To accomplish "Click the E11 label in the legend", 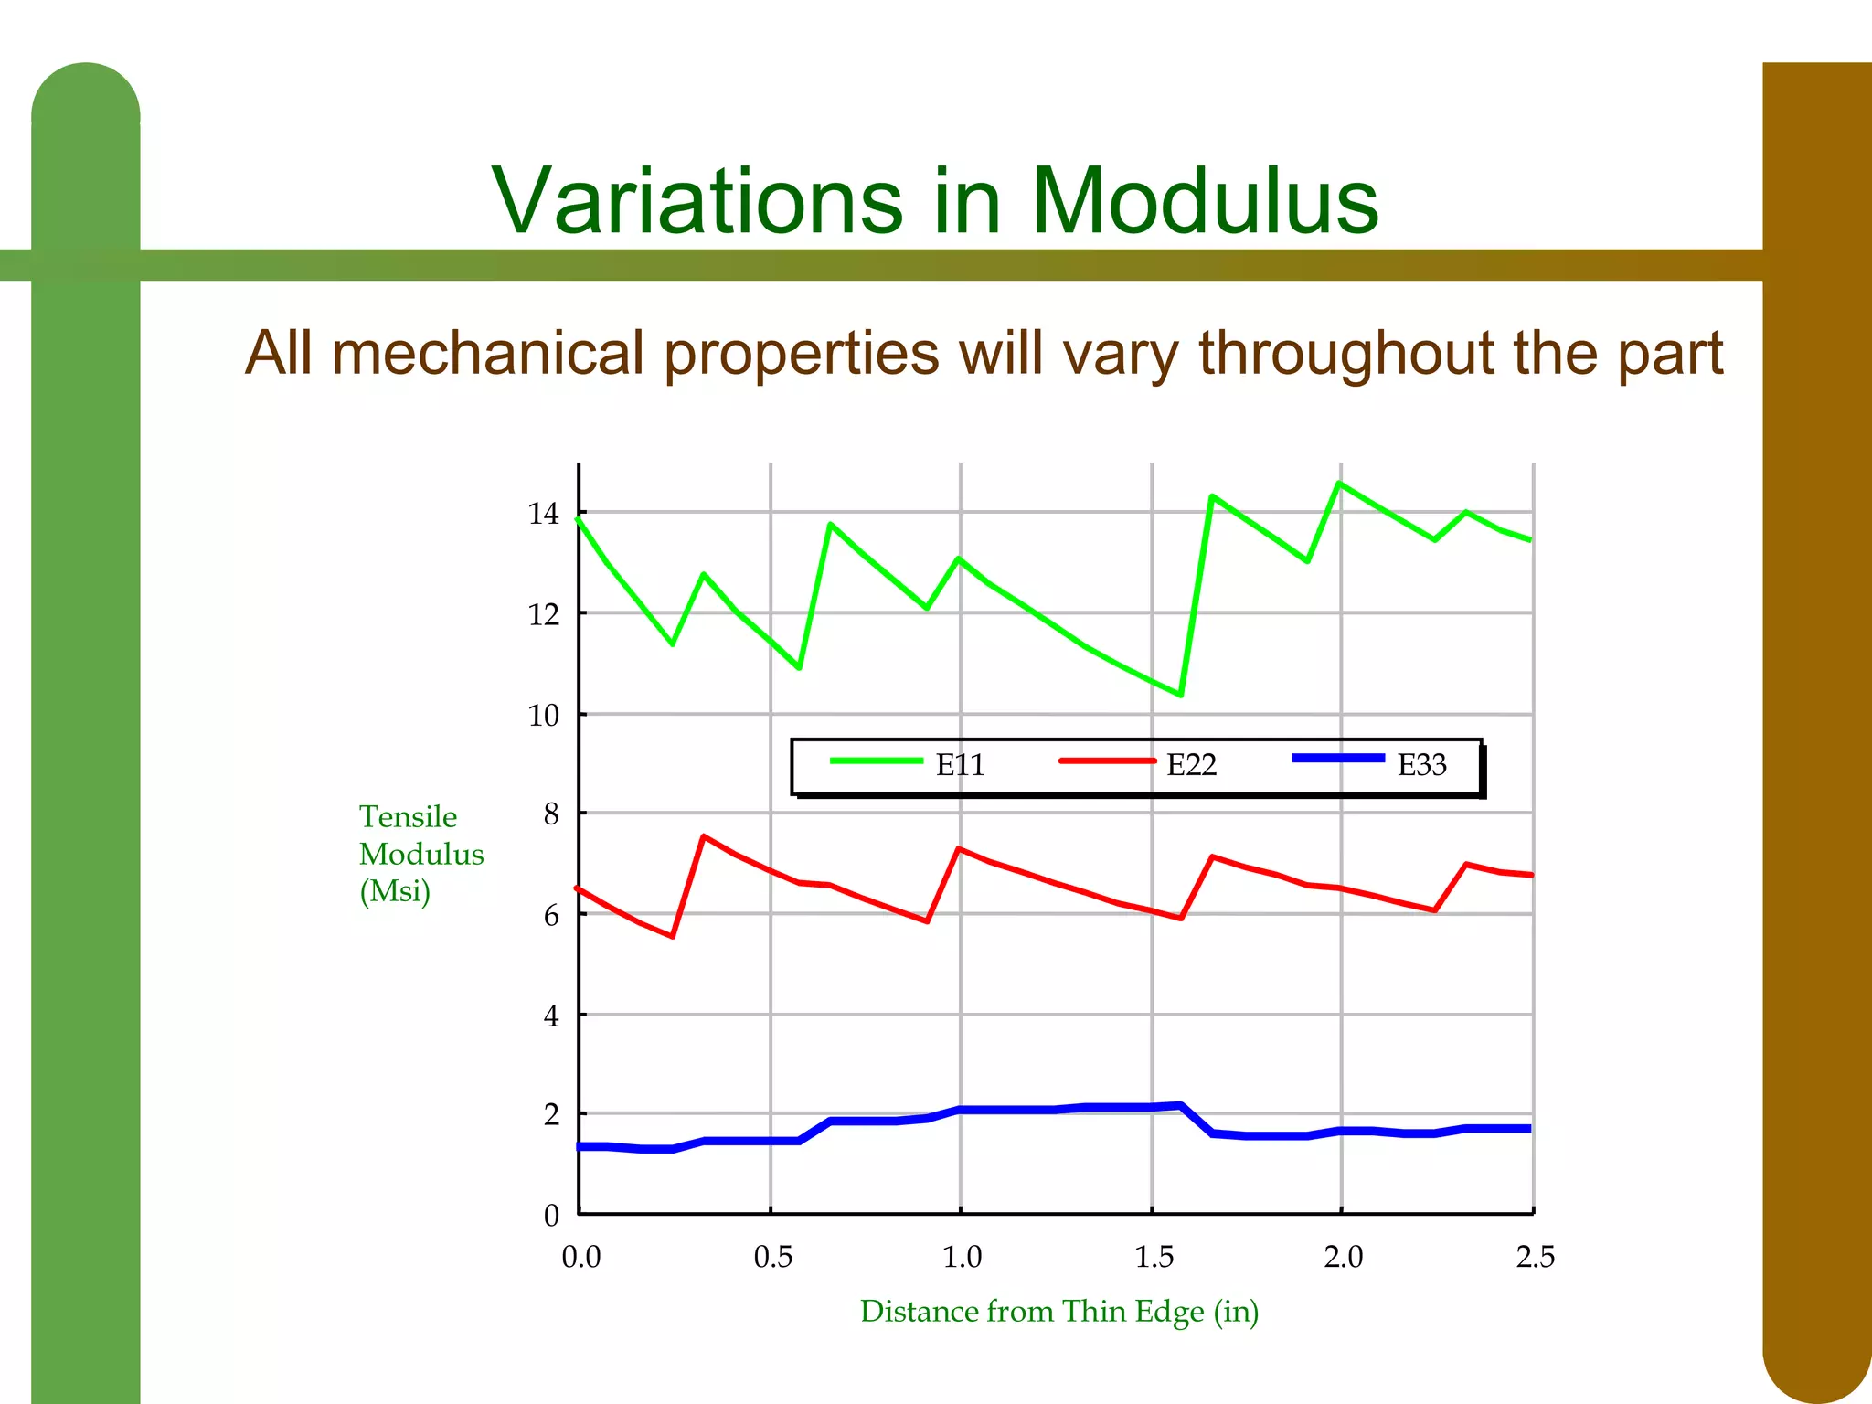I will pyautogui.click(x=960, y=765).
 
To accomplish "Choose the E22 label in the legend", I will pyautogui.click(x=1191, y=765).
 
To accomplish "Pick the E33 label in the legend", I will pyautogui.click(x=1421, y=765).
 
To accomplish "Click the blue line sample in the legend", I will pyautogui.click(x=1338, y=758).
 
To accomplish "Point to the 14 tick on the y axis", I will pyautogui.click(x=543, y=514).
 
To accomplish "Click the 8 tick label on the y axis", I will pyautogui.click(x=550, y=814).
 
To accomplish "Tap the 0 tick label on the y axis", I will pyautogui.click(x=550, y=1215).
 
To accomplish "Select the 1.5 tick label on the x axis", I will pyautogui.click(x=1154, y=1257).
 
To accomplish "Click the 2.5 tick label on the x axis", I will pyautogui.click(x=1535, y=1257).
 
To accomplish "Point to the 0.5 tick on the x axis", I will pyautogui.click(x=772, y=1257).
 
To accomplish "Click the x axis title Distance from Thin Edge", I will pyautogui.click(x=1058, y=1312).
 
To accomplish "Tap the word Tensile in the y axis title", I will pyautogui.click(x=408, y=816).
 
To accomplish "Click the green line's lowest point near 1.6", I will pyautogui.click(x=1181, y=695).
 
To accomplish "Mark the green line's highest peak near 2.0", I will pyautogui.click(x=1339, y=483).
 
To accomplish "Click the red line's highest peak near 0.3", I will pyautogui.click(x=703, y=835).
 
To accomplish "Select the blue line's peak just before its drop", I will pyautogui.click(x=1181, y=1105).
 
